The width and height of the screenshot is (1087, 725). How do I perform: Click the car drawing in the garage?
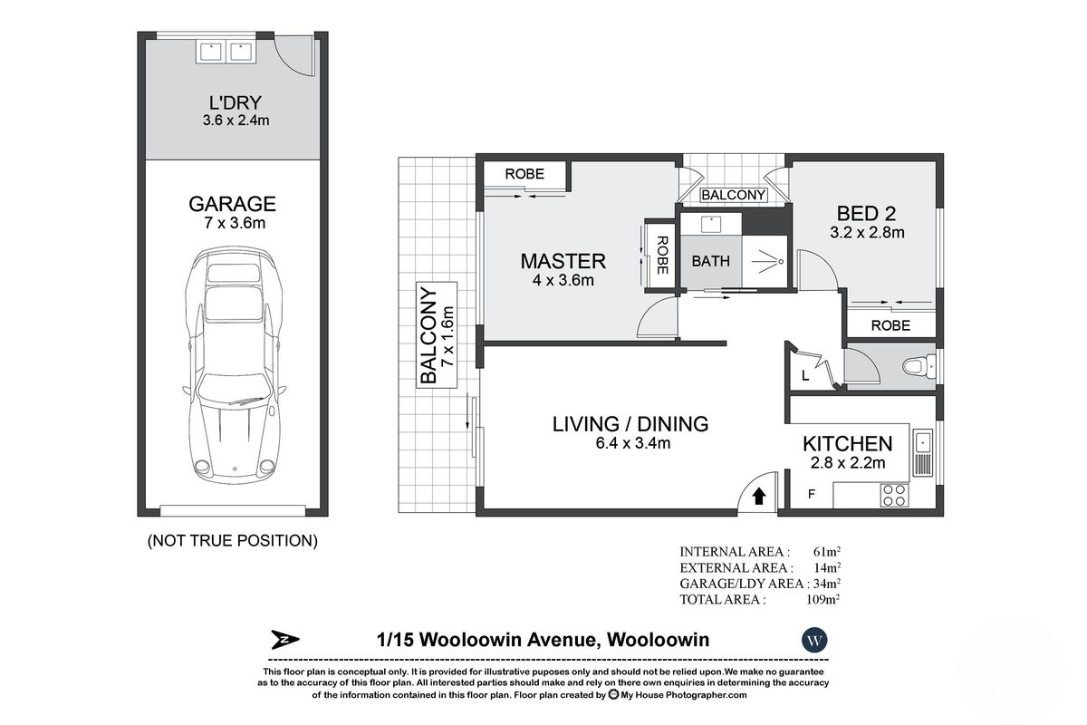pyautogui.click(x=232, y=372)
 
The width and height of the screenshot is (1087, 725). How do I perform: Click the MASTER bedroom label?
pyautogui.click(x=562, y=262)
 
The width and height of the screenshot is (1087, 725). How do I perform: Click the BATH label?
pyautogui.click(x=710, y=261)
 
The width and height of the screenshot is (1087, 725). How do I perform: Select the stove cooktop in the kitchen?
pyautogui.click(x=894, y=495)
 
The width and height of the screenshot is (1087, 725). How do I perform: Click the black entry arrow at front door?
pyautogui.click(x=759, y=496)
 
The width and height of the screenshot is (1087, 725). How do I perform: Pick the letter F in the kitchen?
pyautogui.click(x=811, y=496)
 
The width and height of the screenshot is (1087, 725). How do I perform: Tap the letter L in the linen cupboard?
pyautogui.click(x=804, y=374)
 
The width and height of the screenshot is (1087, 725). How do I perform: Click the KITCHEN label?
pyautogui.click(x=847, y=444)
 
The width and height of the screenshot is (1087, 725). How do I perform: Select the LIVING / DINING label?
pyautogui.click(x=630, y=423)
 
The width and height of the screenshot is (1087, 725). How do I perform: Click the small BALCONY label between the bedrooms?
pyautogui.click(x=734, y=195)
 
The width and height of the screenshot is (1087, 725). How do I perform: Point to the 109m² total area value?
pyautogui.click(x=826, y=599)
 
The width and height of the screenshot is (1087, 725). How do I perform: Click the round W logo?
pyautogui.click(x=815, y=640)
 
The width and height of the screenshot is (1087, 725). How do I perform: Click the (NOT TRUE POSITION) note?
pyautogui.click(x=232, y=541)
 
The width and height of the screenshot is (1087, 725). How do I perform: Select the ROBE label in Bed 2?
pyautogui.click(x=890, y=325)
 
